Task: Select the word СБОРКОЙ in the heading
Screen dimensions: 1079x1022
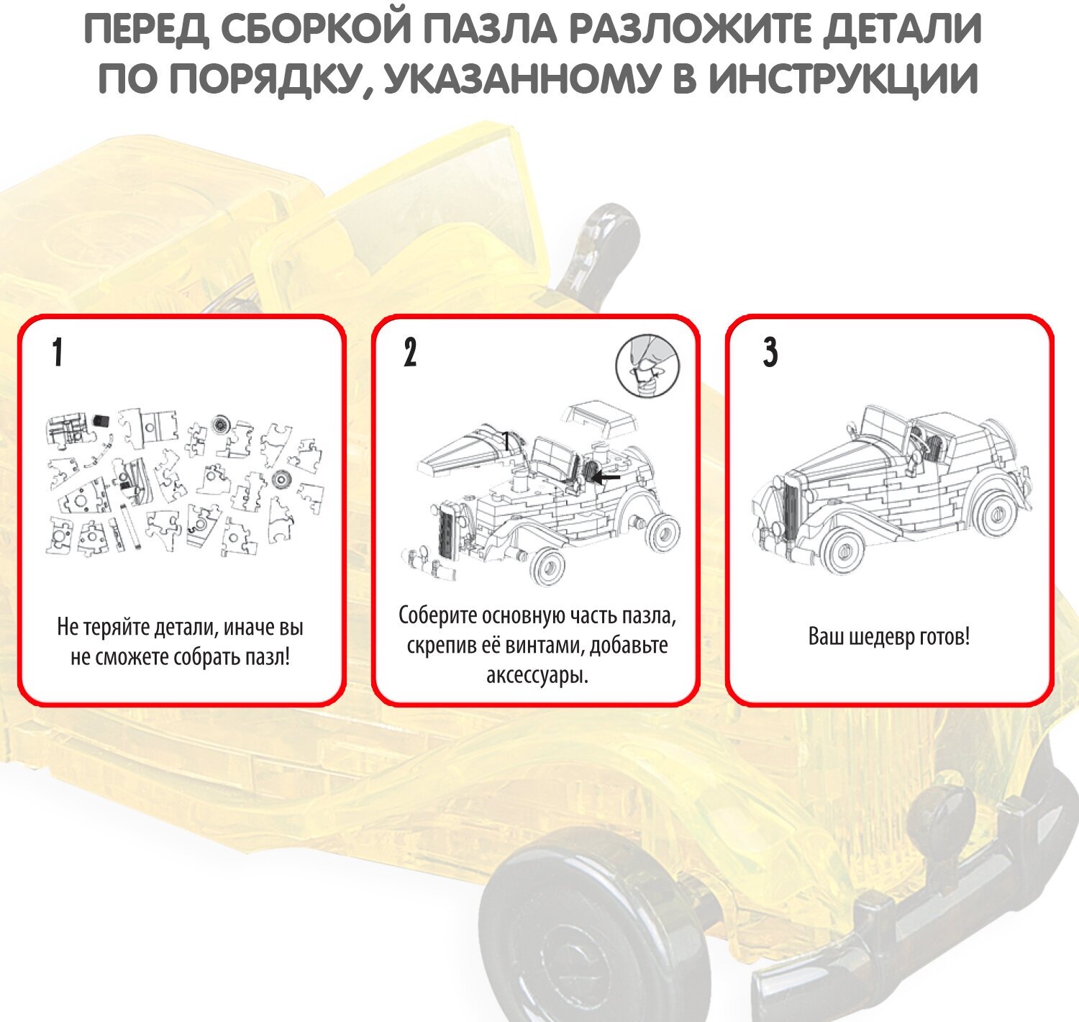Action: click(x=316, y=29)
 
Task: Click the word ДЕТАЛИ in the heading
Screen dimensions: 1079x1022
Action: click(x=902, y=29)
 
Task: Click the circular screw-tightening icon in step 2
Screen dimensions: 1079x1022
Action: click(x=647, y=366)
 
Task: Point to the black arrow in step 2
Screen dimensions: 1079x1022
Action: click(x=606, y=477)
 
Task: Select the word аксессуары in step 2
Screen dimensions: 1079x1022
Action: click(x=537, y=676)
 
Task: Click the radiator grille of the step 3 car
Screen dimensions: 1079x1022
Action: click(x=791, y=511)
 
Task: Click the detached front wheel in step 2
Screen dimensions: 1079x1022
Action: click(x=548, y=566)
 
